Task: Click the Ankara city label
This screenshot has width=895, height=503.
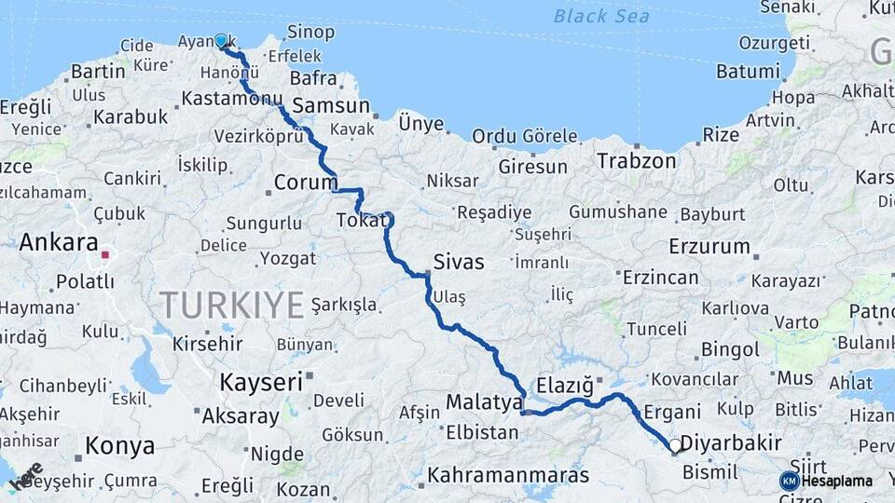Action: pyautogui.click(x=59, y=243)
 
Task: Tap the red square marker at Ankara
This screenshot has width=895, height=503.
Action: pyautogui.click(x=106, y=253)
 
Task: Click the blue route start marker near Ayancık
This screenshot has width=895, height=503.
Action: pyautogui.click(x=221, y=41)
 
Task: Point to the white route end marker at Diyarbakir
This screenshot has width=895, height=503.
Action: pyautogui.click(x=676, y=446)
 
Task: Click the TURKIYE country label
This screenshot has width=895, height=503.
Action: pyautogui.click(x=232, y=305)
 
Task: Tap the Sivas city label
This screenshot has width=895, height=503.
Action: pyautogui.click(x=459, y=262)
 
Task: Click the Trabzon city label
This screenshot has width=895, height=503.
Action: pyautogui.click(x=637, y=160)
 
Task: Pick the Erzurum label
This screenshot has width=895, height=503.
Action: pyautogui.click(x=709, y=247)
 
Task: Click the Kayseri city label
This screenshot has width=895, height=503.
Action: pyautogui.click(x=261, y=382)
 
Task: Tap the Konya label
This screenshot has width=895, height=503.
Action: pyautogui.click(x=119, y=446)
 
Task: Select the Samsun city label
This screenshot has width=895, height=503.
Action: pyautogui.click(x=331, y=105)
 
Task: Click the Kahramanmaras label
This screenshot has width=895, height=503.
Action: pyautogui.click(x=508, y=475)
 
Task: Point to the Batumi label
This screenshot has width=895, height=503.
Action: pyautogui.click(x=748, y=71)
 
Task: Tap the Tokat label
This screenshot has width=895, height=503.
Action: pyautogui.click(x=360, y=222)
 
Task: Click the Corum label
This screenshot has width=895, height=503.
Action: pyautogui.click(x=304, y=182)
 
